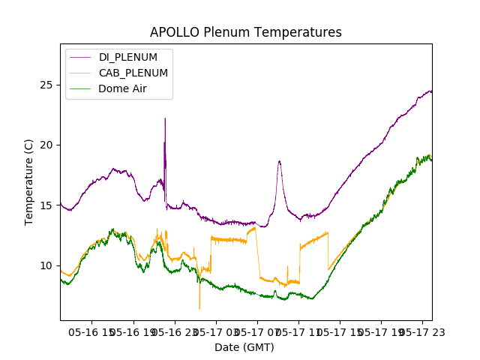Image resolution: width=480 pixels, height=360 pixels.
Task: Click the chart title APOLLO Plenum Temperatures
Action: pyautogui.click(x=245, y=32)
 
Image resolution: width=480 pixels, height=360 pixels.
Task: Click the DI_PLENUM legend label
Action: pyautogui.click(x=128, y=57)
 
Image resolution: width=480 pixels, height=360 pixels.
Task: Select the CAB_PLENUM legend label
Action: pyautogui.click(x=133, y=73)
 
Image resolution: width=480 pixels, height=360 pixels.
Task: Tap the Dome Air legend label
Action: pyautogui.click(x=122, y=88)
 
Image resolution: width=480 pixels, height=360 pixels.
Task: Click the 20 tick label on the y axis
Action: pyautogui.click(x=46, y=145)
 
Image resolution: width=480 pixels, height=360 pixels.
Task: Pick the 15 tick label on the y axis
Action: pyautogui.click(x=46, y=205)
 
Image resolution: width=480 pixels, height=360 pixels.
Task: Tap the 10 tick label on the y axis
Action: pyautogui.click(x=46, y=265)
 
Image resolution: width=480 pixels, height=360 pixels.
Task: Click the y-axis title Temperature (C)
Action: pyautogui.click(x=29, y=181)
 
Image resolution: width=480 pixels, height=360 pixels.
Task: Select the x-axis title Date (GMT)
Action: pyautogui.click(x=244, y=347)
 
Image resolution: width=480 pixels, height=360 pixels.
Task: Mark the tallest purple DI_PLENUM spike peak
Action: pyautogui.click(x=165, y=118)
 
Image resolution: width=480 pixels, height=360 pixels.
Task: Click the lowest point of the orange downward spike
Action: pyautogui.click(x=199, y=308)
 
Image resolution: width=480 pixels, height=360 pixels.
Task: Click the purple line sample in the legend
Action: pyautogui.click(x=81, y=58)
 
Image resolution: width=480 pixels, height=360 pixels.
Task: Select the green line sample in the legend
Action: pyautogui.click(x=81, y=88)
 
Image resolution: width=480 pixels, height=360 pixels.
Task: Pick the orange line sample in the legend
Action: pyautogui.click(x=81, y=73)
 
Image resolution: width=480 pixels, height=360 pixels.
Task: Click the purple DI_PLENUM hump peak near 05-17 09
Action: pyautogui.click(x=279, y=160)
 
